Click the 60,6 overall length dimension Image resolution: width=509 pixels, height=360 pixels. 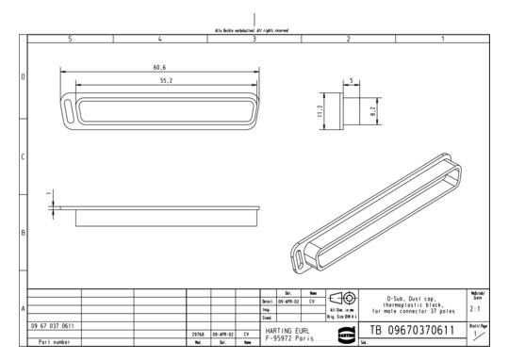pos(158,68)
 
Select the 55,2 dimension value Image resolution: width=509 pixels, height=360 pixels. pos(158,81)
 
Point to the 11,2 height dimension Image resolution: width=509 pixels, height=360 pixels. pos(321,113)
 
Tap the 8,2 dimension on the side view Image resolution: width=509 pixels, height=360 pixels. pos(373,111)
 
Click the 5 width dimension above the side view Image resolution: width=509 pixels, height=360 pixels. pos(351,81)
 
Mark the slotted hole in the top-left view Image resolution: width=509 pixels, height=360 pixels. pos(70,106)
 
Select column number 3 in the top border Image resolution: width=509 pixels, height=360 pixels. pos(254,39)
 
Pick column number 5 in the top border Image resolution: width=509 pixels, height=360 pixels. pos(71,39)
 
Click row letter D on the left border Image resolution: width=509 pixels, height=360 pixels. pos(23,77)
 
